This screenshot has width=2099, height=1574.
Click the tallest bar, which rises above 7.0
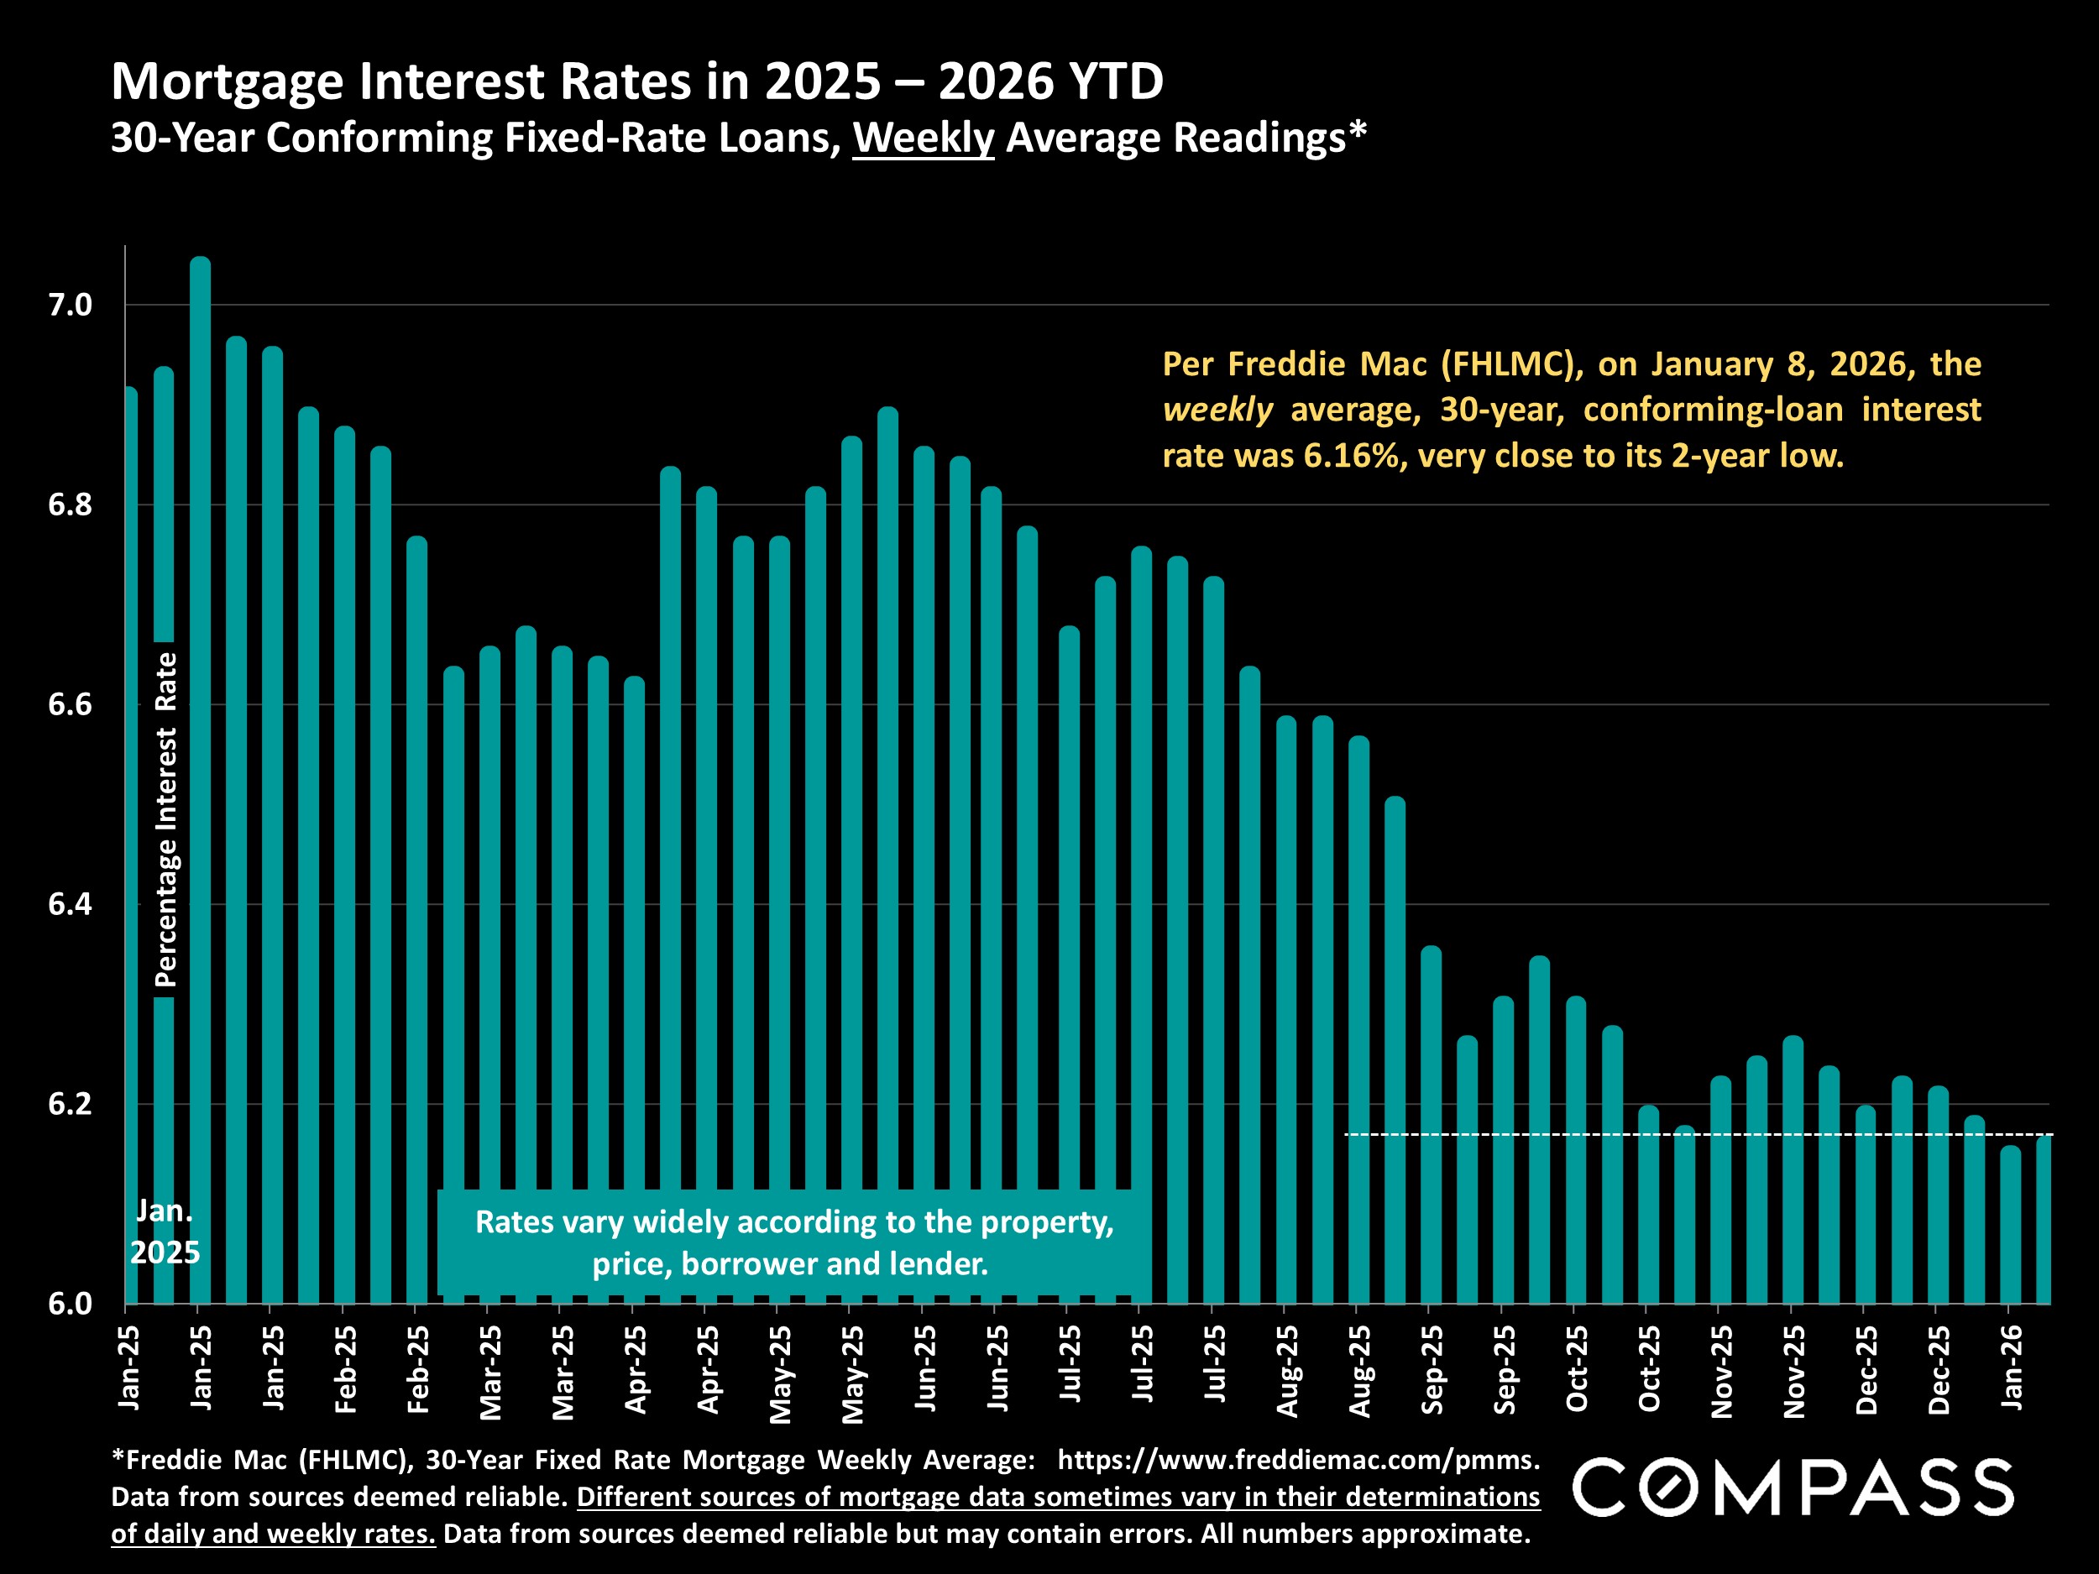click(200, 778)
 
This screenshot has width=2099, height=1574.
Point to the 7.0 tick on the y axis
click(71, 306)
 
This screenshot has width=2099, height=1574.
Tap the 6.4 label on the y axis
click(71, 904)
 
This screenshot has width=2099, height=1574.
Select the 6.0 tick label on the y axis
click(71, 1304)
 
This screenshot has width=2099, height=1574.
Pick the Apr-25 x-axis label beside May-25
click(708, 1369)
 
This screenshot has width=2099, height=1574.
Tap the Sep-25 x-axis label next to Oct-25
click(1504, 1369)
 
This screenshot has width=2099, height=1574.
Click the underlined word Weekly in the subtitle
click(923, 138)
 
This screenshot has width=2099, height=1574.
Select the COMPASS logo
click(1793, 1488)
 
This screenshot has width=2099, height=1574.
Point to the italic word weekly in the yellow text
click(1217, 410)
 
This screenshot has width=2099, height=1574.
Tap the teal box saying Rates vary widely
click(793, 1242)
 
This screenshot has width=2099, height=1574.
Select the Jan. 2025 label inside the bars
click(165, 1231)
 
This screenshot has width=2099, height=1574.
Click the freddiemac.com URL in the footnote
click(1297, 1459)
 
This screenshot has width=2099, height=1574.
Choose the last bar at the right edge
click(2043, 1224)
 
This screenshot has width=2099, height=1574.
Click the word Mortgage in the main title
click(227, 81)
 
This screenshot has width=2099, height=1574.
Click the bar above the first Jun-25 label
click(924, 873)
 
